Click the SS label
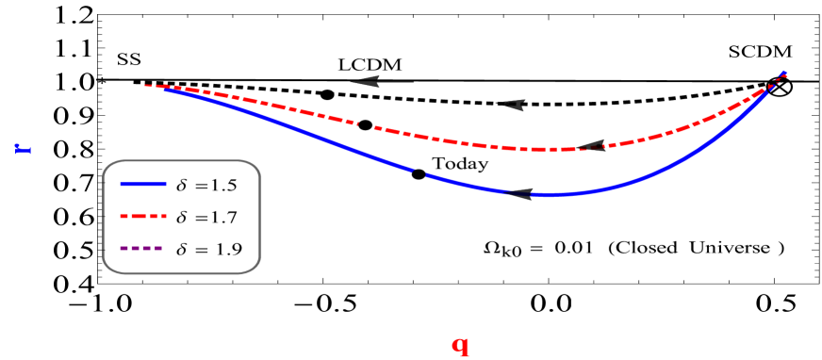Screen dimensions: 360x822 tap(129, 58)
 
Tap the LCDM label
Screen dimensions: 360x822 tap(372, 64)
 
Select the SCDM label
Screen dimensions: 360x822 tap(761, 51)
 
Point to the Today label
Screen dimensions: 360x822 tap(460, 163)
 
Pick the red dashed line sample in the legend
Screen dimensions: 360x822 tap(143, 217)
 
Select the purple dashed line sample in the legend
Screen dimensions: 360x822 tap(143, 249)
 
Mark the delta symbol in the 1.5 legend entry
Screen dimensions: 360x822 tap(181, 184)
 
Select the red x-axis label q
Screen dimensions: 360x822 tap(460, 345)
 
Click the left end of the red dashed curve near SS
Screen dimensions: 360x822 tap(146, 86)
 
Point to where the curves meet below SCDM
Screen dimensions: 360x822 tap(782, 74)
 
